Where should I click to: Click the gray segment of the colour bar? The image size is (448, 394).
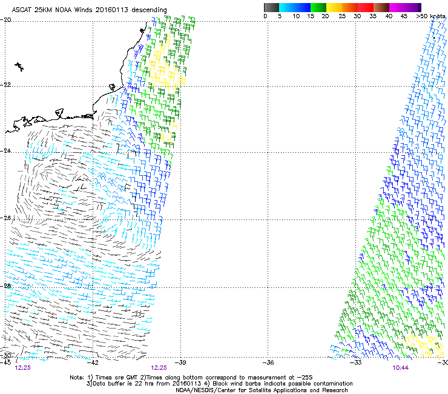click(x=272, y=7)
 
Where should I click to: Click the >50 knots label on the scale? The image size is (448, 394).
click(x=430, y=16)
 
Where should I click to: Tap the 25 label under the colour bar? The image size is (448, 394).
click(x=343, y=16)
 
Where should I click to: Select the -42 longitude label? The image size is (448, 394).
click(x=93, y=362)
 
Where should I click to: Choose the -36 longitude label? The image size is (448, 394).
click(x=269, y=362)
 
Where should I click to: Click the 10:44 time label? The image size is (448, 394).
click(x=400, y=368)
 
